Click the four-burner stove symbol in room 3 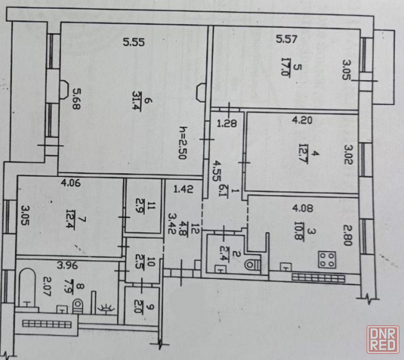[x=328, y=259]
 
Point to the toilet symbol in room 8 [x=77, y=306]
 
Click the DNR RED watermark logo [x=382, y=339]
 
